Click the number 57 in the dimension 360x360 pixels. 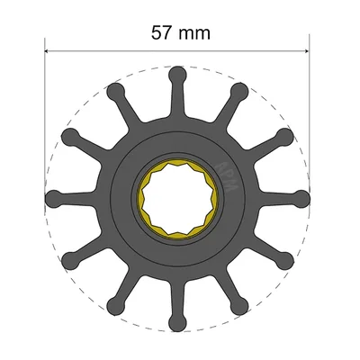[x=162, y=33]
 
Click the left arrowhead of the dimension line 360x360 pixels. [x=49, y=50]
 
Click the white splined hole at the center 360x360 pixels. [x=176, y=196]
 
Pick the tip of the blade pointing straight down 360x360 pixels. [x=176, y=319]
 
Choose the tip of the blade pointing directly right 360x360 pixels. [x=300, y=196]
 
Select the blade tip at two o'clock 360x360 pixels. [x=283, y=135]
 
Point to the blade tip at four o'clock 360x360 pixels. [x=283, y=257]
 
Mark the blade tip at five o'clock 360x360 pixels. [x=238, y=303]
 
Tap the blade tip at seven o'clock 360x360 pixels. [x=115, y=303]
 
